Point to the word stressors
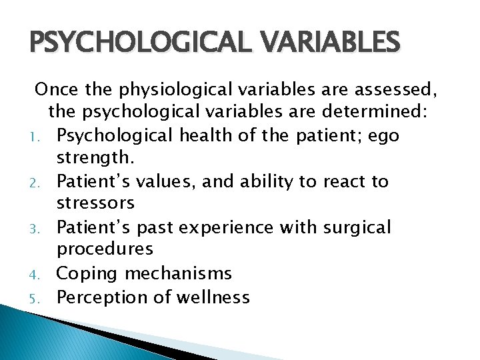click(95, 203)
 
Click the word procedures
click(105, 249)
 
